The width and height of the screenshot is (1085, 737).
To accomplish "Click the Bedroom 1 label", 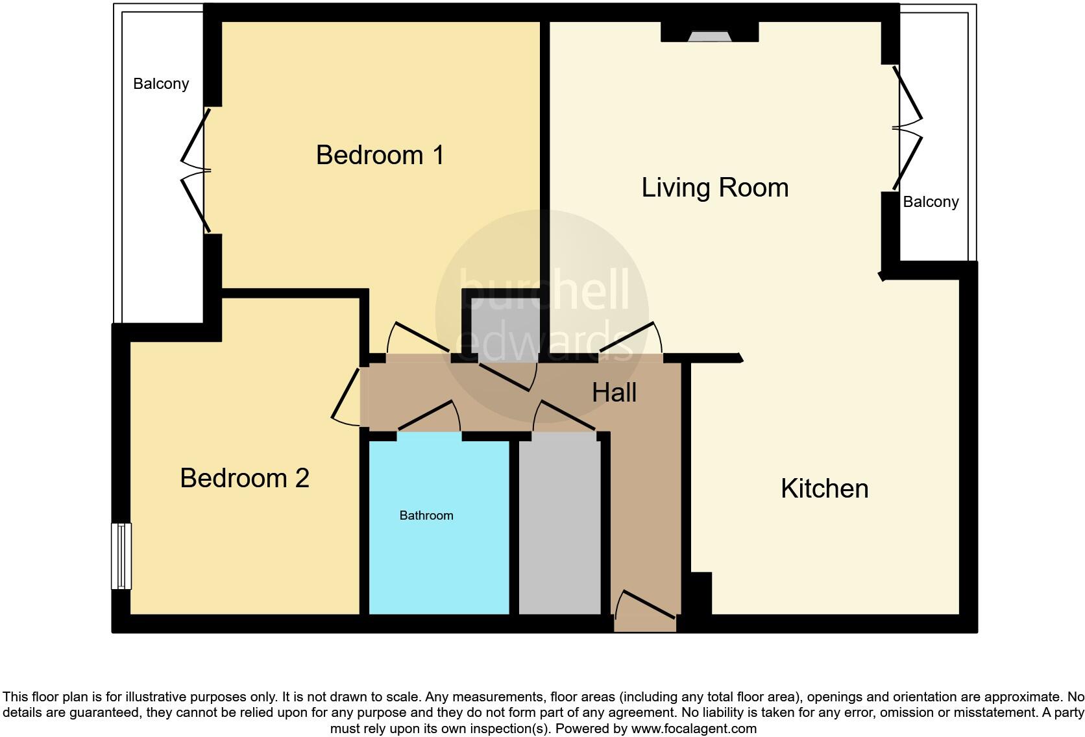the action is click(x=380, y=155).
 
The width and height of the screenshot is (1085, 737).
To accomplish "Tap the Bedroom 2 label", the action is click(x=245, y=478).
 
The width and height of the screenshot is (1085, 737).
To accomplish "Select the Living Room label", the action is click(x=715, y=187).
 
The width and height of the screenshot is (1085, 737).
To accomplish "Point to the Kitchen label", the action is click(x=824, y=488).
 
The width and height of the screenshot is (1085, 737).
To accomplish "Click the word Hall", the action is click(x=614, y=393).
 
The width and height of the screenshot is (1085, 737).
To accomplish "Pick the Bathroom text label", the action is click(x=426, y=515).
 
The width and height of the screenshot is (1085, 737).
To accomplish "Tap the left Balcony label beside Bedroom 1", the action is click(x=161, y=84).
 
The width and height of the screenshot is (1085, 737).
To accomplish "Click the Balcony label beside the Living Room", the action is click(x=931, y=202).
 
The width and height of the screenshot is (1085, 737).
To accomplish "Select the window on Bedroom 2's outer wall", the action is click(x=121, y=556).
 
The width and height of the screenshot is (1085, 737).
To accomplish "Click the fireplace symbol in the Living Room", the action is click(x=710, y=36).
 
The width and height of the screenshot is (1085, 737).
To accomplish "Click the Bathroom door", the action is click(x=429, y=415).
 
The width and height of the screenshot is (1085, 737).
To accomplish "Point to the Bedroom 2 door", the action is click(x=346, y=398).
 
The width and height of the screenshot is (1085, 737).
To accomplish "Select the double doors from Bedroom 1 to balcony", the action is click(x=196, y=171).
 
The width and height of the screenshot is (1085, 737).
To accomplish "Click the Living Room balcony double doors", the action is click(x=907, y=128).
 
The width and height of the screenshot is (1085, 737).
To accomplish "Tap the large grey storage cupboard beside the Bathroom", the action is click(x=560, y=524).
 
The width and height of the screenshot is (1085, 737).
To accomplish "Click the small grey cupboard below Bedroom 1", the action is click(x=506, y=330).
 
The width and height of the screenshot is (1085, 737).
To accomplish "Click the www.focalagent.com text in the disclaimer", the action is click(x=694, y=729).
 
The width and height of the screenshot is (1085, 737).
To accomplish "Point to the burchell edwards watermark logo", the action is click(x=542, y=315).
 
